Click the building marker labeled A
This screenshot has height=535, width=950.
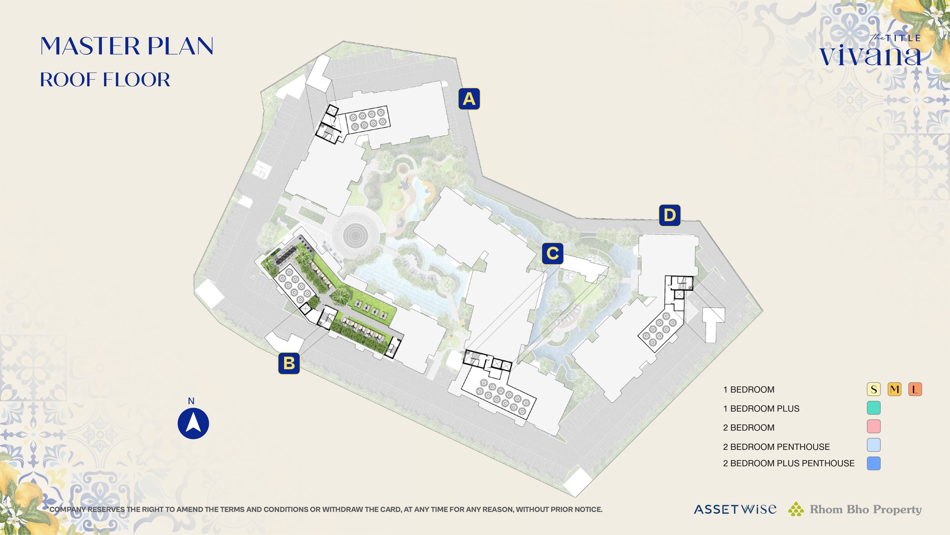coord(469,99)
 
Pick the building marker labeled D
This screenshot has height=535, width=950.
coord(669,215)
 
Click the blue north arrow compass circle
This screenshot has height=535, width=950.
coord(193,423)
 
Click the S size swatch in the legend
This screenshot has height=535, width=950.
coord(873,389)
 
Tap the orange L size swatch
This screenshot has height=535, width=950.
coord(915,389)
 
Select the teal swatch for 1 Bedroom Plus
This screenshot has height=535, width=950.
coord(873,408)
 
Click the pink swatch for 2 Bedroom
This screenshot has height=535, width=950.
coord(873,426)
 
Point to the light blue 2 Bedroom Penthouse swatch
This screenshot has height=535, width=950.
coord(873,445)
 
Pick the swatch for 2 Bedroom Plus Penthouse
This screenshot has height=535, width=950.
coord(873,463)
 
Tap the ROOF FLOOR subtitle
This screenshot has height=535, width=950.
coord(105,80)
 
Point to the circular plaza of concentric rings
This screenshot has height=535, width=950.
coord(355,235)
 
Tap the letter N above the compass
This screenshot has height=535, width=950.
coord(191,401)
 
